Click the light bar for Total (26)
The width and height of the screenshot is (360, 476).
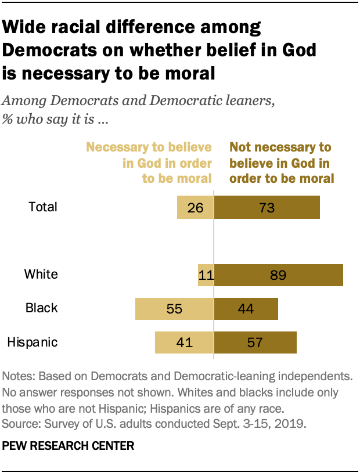tap(195, 207)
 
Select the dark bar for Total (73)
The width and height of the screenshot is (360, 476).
tap(267, 207)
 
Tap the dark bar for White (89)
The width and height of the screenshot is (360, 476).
tap(279, 275)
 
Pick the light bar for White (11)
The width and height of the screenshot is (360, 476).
tap(206, 275)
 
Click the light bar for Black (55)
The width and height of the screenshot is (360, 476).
tap(175, 309)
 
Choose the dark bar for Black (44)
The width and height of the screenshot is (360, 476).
tap(246, 309)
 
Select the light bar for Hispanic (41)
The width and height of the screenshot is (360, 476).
tap(184, 342)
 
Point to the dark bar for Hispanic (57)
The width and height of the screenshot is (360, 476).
tap(255, 342)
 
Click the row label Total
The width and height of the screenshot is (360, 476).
tap(43, 207)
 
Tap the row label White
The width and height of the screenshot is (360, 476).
tap(41, 275)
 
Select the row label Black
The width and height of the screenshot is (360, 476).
tap(42, 308)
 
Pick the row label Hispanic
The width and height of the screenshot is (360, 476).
tap(33, 342)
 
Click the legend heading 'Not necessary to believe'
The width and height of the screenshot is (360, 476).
tap(280, 147)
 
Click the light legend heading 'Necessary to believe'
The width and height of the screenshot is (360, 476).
tap(149, 147)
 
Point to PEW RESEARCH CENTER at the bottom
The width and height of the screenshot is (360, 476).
tap(68, 446)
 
